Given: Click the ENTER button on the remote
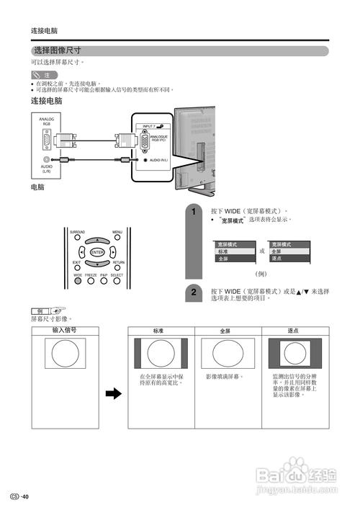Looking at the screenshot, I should click(97, 251).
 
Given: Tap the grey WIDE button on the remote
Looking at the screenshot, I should click(78, 281).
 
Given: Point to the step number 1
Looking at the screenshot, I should click(193, 212).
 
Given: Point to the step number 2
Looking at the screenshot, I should click(193, 292).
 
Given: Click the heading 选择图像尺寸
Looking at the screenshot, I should click(58, 51).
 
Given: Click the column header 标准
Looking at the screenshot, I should click(158, 331).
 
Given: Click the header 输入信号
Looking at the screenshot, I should click(65, 331).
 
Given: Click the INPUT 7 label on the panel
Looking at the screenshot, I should click(149, 125).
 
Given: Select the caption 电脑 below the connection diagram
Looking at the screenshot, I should click(37, 187).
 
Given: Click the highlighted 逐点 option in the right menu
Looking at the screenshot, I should click(277, 258).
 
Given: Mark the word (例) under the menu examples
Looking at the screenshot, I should click(262, 274).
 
